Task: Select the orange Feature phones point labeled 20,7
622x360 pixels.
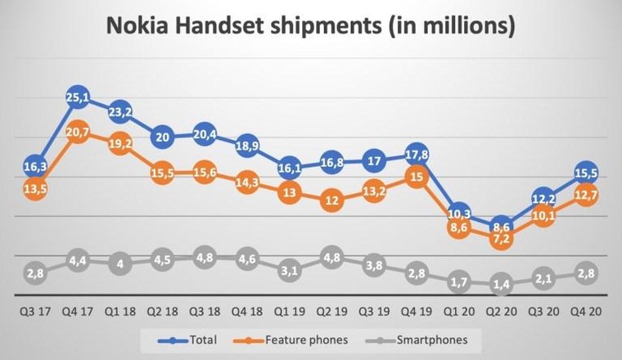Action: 78,131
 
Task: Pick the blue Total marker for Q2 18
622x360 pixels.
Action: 162,137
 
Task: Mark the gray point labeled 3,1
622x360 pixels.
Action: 288,271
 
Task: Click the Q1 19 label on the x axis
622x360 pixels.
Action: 288,312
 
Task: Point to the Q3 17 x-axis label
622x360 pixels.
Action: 35,312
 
